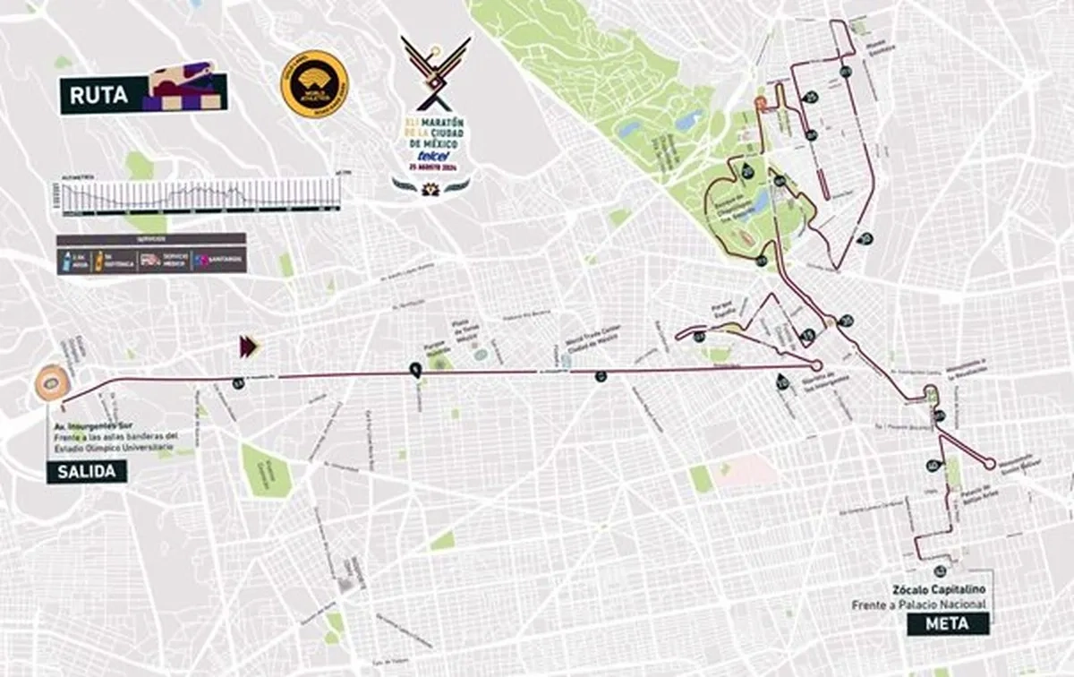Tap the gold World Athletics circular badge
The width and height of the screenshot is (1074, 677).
click(x=314, y=84)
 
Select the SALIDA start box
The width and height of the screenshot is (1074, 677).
click(x=86, y=471)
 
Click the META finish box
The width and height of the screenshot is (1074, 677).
click(x=948, y=623)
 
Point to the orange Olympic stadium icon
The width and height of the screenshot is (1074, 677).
click(x=51, y=383)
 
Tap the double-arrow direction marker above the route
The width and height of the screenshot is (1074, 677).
click(x=248, y=346)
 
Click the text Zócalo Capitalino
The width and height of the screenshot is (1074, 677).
click(x=937, y=589)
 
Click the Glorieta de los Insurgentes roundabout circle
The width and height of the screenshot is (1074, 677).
click(x=816, y=365)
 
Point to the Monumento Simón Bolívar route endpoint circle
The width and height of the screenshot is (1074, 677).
click(x=989, y=464)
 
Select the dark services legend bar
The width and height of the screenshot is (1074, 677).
click(x=150, y=253)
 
